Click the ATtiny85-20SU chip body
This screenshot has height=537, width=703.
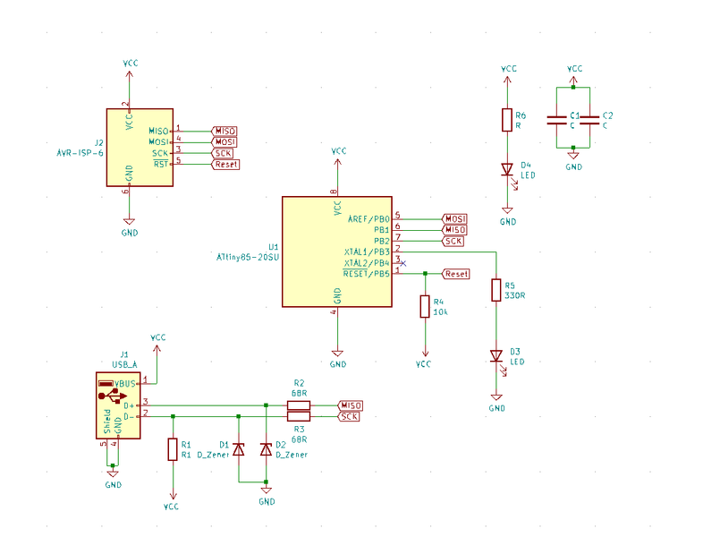click(x=336, y=251)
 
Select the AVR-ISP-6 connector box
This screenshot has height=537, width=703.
click(x=140, y=148)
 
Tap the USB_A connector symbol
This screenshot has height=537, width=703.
click(x=118, y=405)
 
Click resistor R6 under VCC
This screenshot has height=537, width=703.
click(x=507, y=120)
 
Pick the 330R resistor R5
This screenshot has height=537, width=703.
click(x=496, y=290)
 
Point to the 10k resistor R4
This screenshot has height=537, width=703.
click(x=425, y=308)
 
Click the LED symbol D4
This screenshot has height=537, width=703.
click(x=507, y=169)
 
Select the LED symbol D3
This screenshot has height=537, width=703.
click(x=496, y=356)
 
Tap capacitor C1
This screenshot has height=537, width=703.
click(x=558, y=117)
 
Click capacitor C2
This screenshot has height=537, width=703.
click(x=589, y=117)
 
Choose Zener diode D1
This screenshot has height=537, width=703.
click(x=239, y=449)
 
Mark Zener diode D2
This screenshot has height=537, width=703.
click(x=266, y=449)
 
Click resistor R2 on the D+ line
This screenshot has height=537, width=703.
click(x=299, y=405)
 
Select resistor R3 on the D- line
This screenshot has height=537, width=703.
click(x=299, y=416)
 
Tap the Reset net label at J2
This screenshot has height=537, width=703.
click(x=226, y=165)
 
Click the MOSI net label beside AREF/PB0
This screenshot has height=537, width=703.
click(x=455, y=218)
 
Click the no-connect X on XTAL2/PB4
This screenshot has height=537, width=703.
click(x=403, y=263)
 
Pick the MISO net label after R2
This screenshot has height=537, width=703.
click(x=350, y=405)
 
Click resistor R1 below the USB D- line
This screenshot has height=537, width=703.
click(x=172, y=449)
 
